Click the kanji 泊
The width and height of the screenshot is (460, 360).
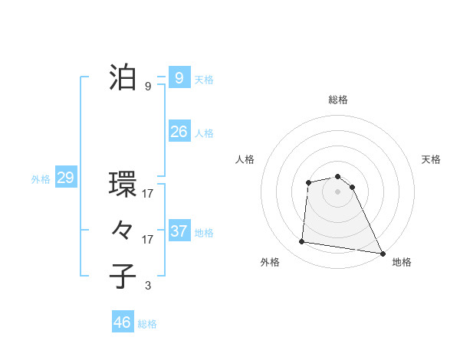pos(123,77)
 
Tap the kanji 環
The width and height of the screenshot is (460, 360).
pos(123,185)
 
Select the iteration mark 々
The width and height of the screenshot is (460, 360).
pos(123,231)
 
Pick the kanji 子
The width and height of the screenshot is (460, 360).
pos(123,277)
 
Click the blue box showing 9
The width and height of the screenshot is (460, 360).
pos(179,77)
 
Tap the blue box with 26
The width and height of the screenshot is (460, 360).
pos(179,132)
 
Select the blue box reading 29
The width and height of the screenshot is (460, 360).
pos(65,178)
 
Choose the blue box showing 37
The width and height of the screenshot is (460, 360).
pos(179,231)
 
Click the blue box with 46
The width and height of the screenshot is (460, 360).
pos(122,322)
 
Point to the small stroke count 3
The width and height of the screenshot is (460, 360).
pos(147,286)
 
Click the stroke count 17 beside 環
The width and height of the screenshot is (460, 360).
pos(147,194)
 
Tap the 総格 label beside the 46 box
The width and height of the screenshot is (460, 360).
pos(147,324)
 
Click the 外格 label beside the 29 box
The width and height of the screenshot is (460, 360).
pos(41,179)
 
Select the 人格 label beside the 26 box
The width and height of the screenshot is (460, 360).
pos(204,133)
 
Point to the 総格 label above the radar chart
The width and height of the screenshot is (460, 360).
pos(338,100)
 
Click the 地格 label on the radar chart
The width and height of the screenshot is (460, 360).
pos(402,262)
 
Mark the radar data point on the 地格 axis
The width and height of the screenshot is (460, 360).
pos(383,253)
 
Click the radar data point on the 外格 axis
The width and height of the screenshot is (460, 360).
pos(302,242)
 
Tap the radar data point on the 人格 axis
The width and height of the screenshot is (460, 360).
pos(308,182)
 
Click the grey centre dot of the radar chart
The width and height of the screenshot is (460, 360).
pos(338,191)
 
